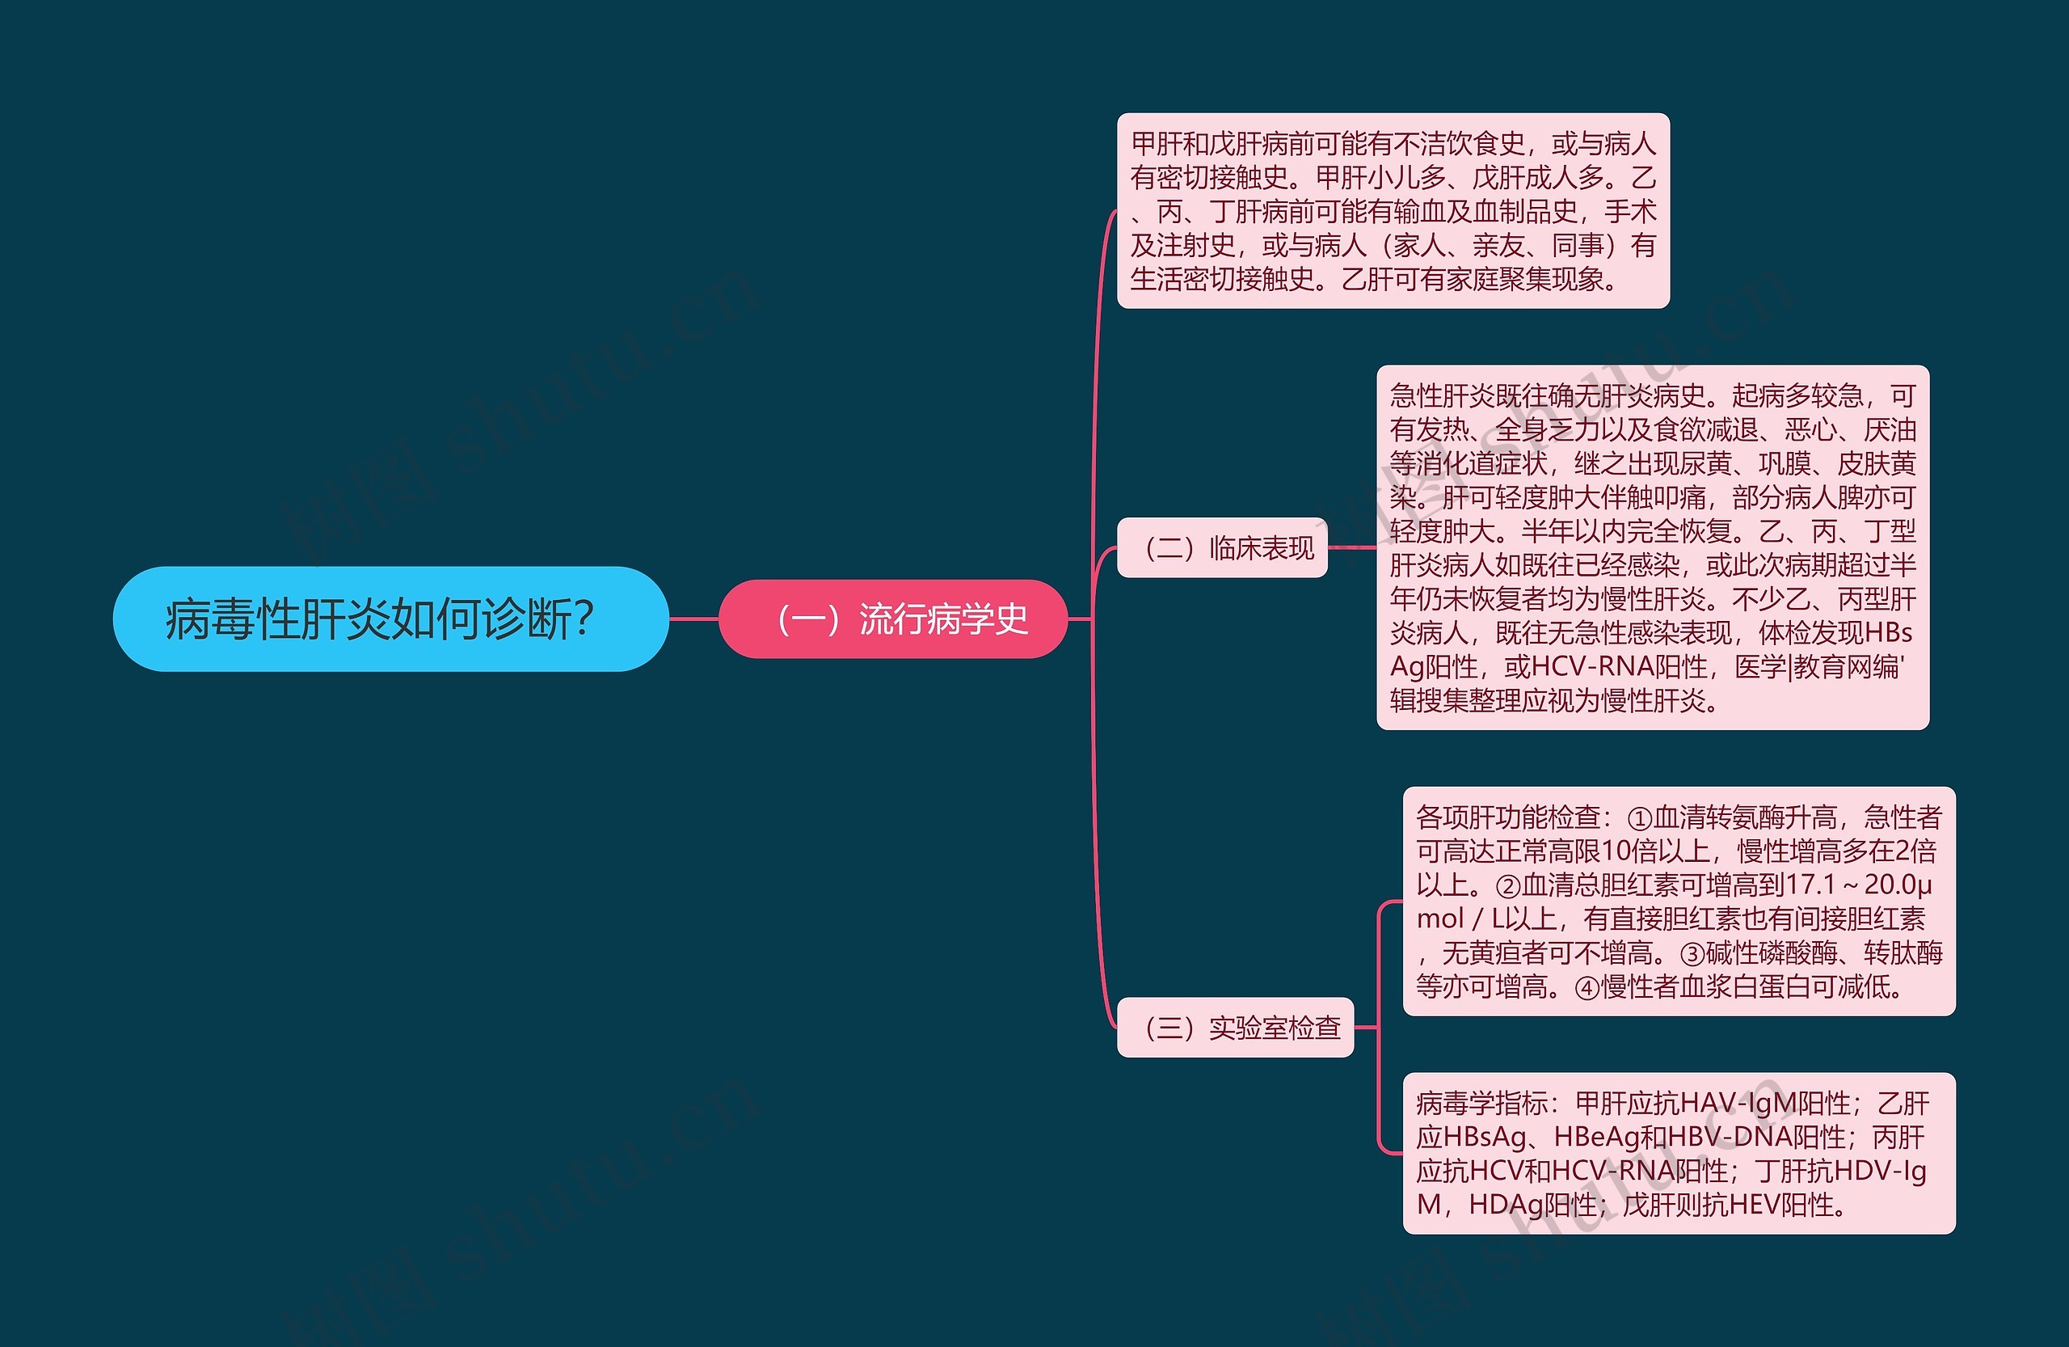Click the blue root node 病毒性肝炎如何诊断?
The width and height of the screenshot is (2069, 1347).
click(390, 619)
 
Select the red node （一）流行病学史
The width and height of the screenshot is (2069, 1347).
click(893, 619)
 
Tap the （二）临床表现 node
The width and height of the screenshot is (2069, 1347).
click(1221, 548)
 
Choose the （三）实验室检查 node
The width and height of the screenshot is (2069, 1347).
click(1234, 1028)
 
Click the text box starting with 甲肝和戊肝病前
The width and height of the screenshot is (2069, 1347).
click(1393, 210)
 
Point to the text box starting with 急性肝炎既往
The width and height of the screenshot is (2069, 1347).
click(1652, 548)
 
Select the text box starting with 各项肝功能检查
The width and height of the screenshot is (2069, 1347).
click(1678, 902)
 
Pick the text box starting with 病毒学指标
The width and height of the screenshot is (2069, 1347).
click(1678, 1153)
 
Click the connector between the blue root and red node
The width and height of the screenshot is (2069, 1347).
click(693, 619)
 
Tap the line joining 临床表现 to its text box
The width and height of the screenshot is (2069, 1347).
click(1352, 548)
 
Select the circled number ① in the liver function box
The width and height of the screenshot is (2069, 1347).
click(1639, 818)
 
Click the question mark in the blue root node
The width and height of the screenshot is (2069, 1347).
click(584, 619)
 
